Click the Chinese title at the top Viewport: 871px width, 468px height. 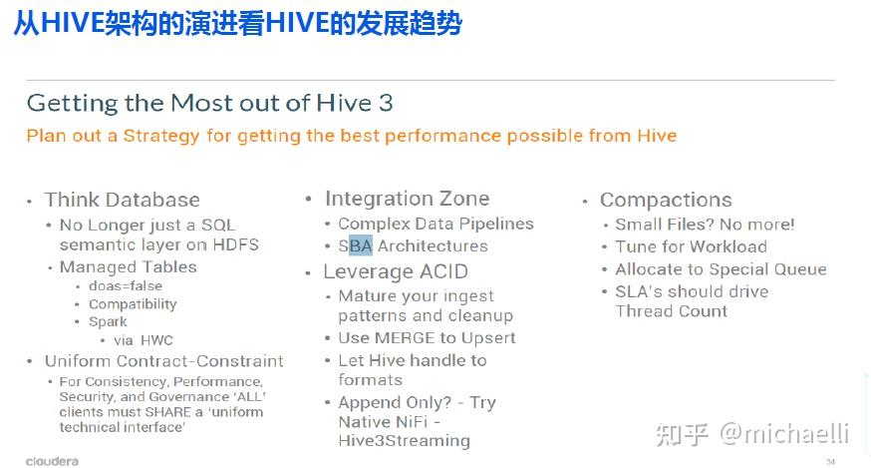pyautogui.click(x=237, y=24)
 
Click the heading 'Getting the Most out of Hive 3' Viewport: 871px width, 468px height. pyautogui.click(x=209, y=103)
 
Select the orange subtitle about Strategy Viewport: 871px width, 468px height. pyautogui.click(x=351, y=136)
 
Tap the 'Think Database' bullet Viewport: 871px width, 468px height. pyautogui.click(x=122, y=200)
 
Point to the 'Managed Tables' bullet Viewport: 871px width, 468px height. pyautogui.click(x=128, y=266)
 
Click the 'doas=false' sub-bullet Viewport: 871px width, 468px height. pyautogui.click(x=125, y=286)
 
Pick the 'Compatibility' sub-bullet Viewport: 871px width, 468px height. pyautogui.click(x=133, y=304)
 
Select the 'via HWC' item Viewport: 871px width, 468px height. pyautogui.click(x=143, y=340)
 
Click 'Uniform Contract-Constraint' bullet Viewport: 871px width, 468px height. pyautogui.click(x=163, y=361)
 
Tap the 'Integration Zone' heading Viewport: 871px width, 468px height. pyautogui.click(x=407, y=199)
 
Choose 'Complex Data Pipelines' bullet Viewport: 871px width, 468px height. pyautogui.click(x=435, y=224)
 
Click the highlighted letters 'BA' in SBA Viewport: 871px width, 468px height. pyautogui.click(x=361, y=245)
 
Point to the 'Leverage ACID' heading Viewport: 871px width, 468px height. pyautogui.click(x=395, y=271)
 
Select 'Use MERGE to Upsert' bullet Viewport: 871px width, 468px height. pyautogui.click(x=427, y=337)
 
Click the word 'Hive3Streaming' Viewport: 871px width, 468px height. pyautogui.click(x=404, y=440)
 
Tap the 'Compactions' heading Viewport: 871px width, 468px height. pyautogui.click(x=666, y=200)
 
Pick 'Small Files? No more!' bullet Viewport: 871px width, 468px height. pyautogui.click(x=705, y=225)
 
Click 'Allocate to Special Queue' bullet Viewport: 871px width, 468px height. pyautogui.click(x=721, y=269)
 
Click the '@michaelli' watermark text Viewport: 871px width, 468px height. pyautogui.click(x=784, y=433)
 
